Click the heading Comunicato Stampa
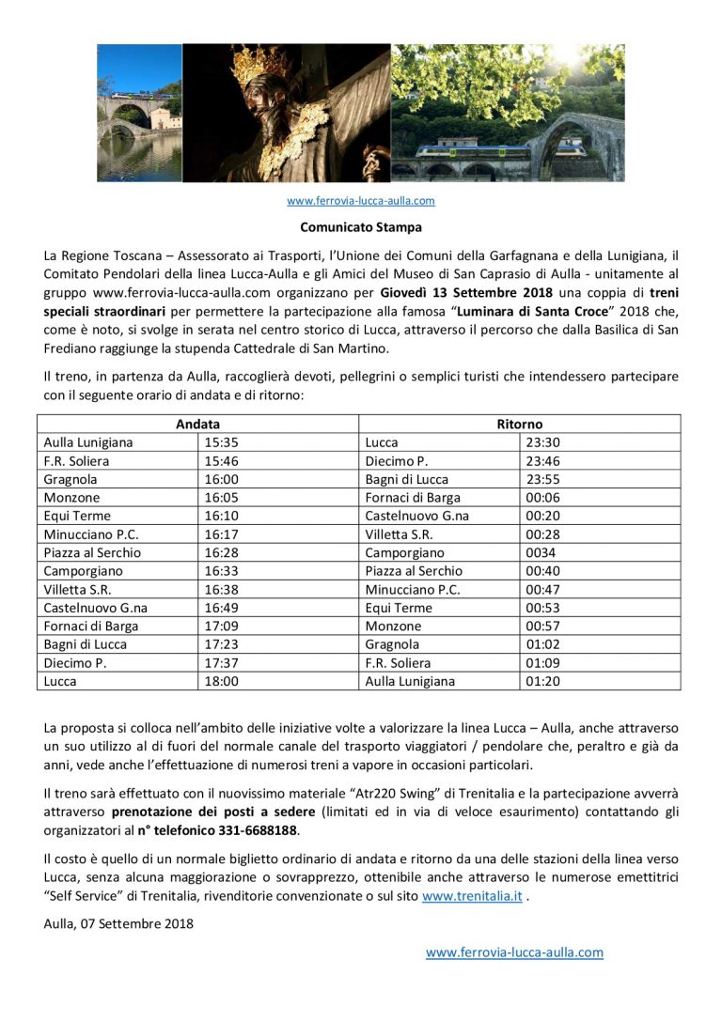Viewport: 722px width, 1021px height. [361, 226]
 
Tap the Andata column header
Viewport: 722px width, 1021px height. [197, 424]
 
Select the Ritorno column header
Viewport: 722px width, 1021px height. [520, 424]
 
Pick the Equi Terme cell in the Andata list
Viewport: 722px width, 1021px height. [77, 516]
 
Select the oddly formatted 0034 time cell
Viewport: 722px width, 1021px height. [541, 552]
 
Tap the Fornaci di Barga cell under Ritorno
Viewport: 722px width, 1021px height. [413, 498]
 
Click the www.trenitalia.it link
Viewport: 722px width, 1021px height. [472, 896]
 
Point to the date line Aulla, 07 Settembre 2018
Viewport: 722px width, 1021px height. [118, 923]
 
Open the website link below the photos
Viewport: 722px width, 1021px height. [361, 200]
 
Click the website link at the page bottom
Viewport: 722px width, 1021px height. [514, 952]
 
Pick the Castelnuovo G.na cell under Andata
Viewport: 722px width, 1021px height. [96, 608]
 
